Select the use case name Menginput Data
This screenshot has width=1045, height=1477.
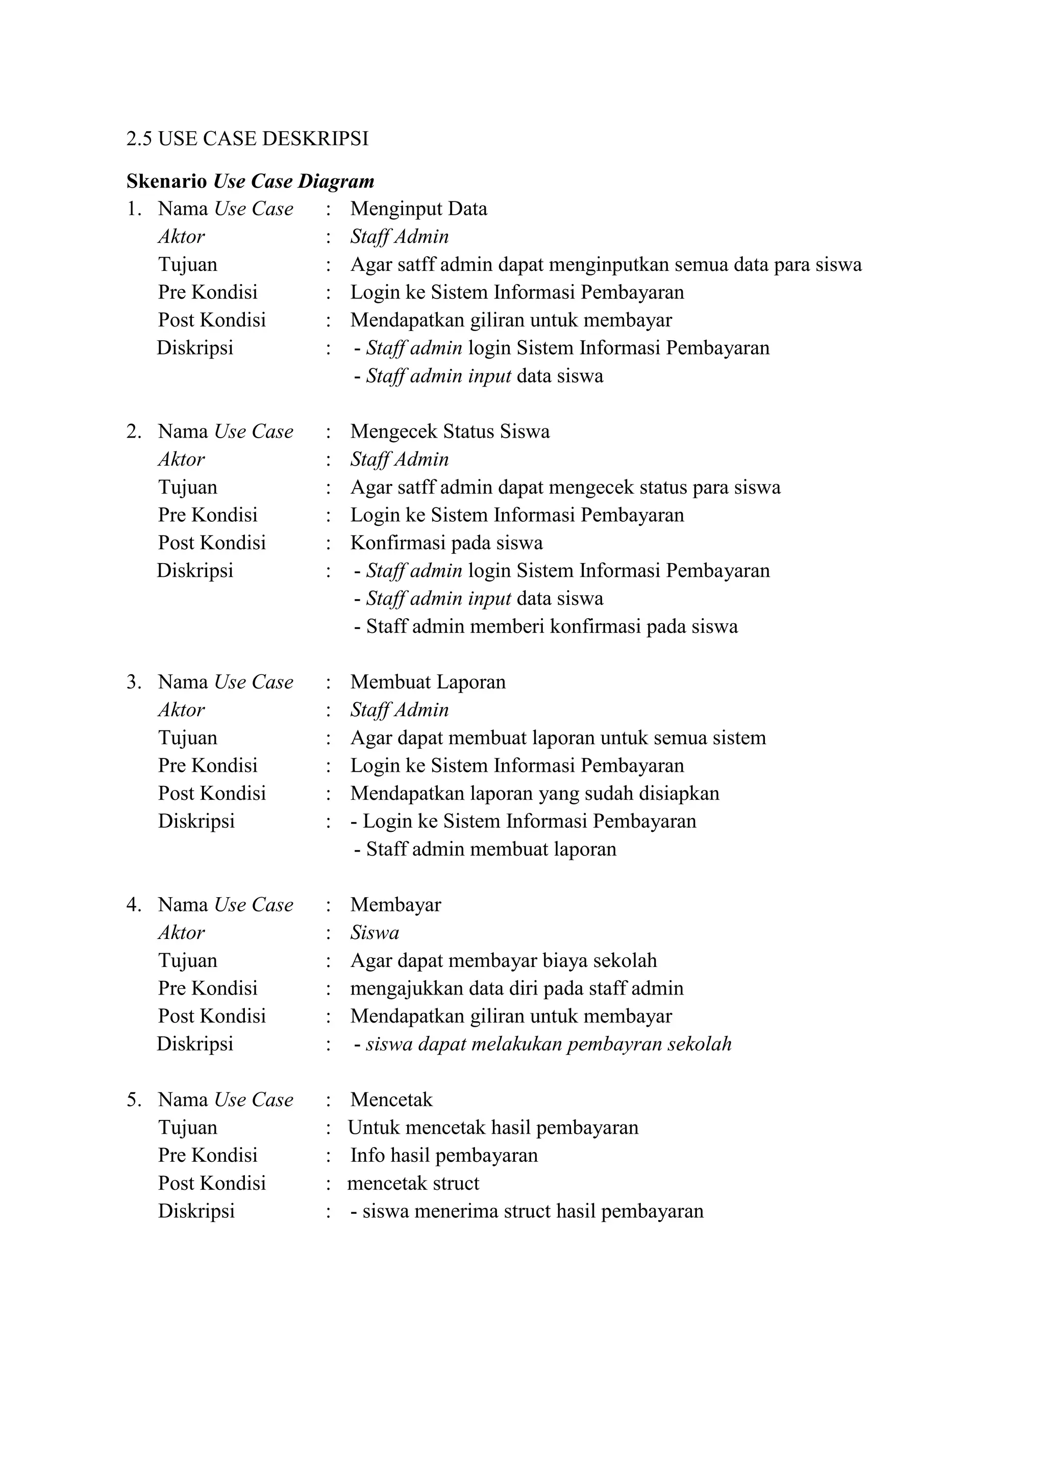418,209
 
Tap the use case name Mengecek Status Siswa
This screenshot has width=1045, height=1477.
450,431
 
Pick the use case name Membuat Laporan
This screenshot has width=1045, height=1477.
428,682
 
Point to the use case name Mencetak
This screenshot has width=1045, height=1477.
391,1100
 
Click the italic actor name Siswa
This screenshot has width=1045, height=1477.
375,933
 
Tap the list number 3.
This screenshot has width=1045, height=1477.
133,682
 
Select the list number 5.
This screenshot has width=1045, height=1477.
133,1100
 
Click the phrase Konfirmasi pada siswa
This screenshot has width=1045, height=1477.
446,543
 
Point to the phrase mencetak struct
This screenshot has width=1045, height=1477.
413,1183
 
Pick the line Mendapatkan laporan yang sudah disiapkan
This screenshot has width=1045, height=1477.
534,793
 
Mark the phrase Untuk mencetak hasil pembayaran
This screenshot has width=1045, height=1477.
493,1128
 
